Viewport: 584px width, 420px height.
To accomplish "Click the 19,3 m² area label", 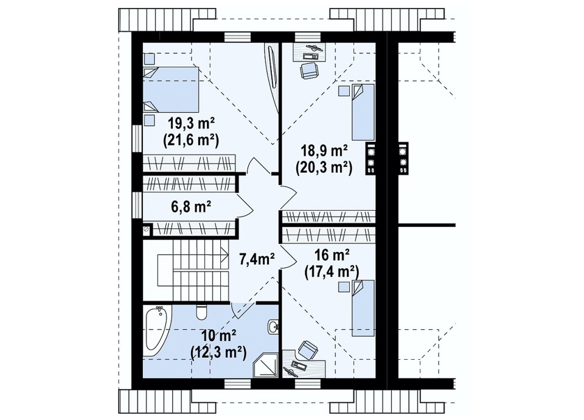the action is tap(192, 122).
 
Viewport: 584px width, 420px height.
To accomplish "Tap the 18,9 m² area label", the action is tap(324, 151).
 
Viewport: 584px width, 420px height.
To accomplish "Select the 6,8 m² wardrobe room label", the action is tap(191, 206).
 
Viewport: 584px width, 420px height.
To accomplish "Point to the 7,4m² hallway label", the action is tap(257, 259).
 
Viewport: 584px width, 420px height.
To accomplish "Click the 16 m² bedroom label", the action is tap(332, 256).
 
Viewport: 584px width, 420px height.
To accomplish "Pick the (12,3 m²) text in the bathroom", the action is tap(218, 351).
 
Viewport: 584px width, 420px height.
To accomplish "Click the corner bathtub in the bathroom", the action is tap(156, 331).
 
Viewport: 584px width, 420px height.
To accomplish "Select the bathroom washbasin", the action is tap(273, 327).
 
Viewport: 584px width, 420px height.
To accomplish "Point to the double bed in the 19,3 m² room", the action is tap(172, 89).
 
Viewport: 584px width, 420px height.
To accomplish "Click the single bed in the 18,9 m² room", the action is tap(363, 112).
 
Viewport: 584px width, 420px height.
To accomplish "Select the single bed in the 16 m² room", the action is tap(363, 308).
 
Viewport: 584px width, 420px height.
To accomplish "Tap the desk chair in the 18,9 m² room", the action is tap(310, 71).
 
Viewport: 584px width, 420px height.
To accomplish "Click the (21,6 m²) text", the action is tap(190, 139).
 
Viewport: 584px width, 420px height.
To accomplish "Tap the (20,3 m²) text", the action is tap(324, 167).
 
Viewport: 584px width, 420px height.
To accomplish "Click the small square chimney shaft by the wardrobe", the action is tap(147, 230).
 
